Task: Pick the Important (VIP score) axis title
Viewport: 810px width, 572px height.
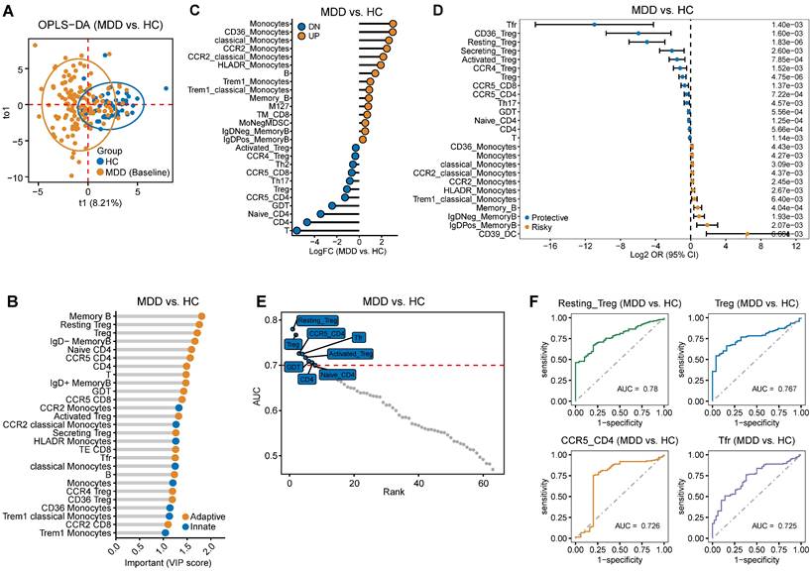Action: coord(166,564)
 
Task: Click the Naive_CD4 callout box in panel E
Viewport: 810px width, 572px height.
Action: coord(337,376)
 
